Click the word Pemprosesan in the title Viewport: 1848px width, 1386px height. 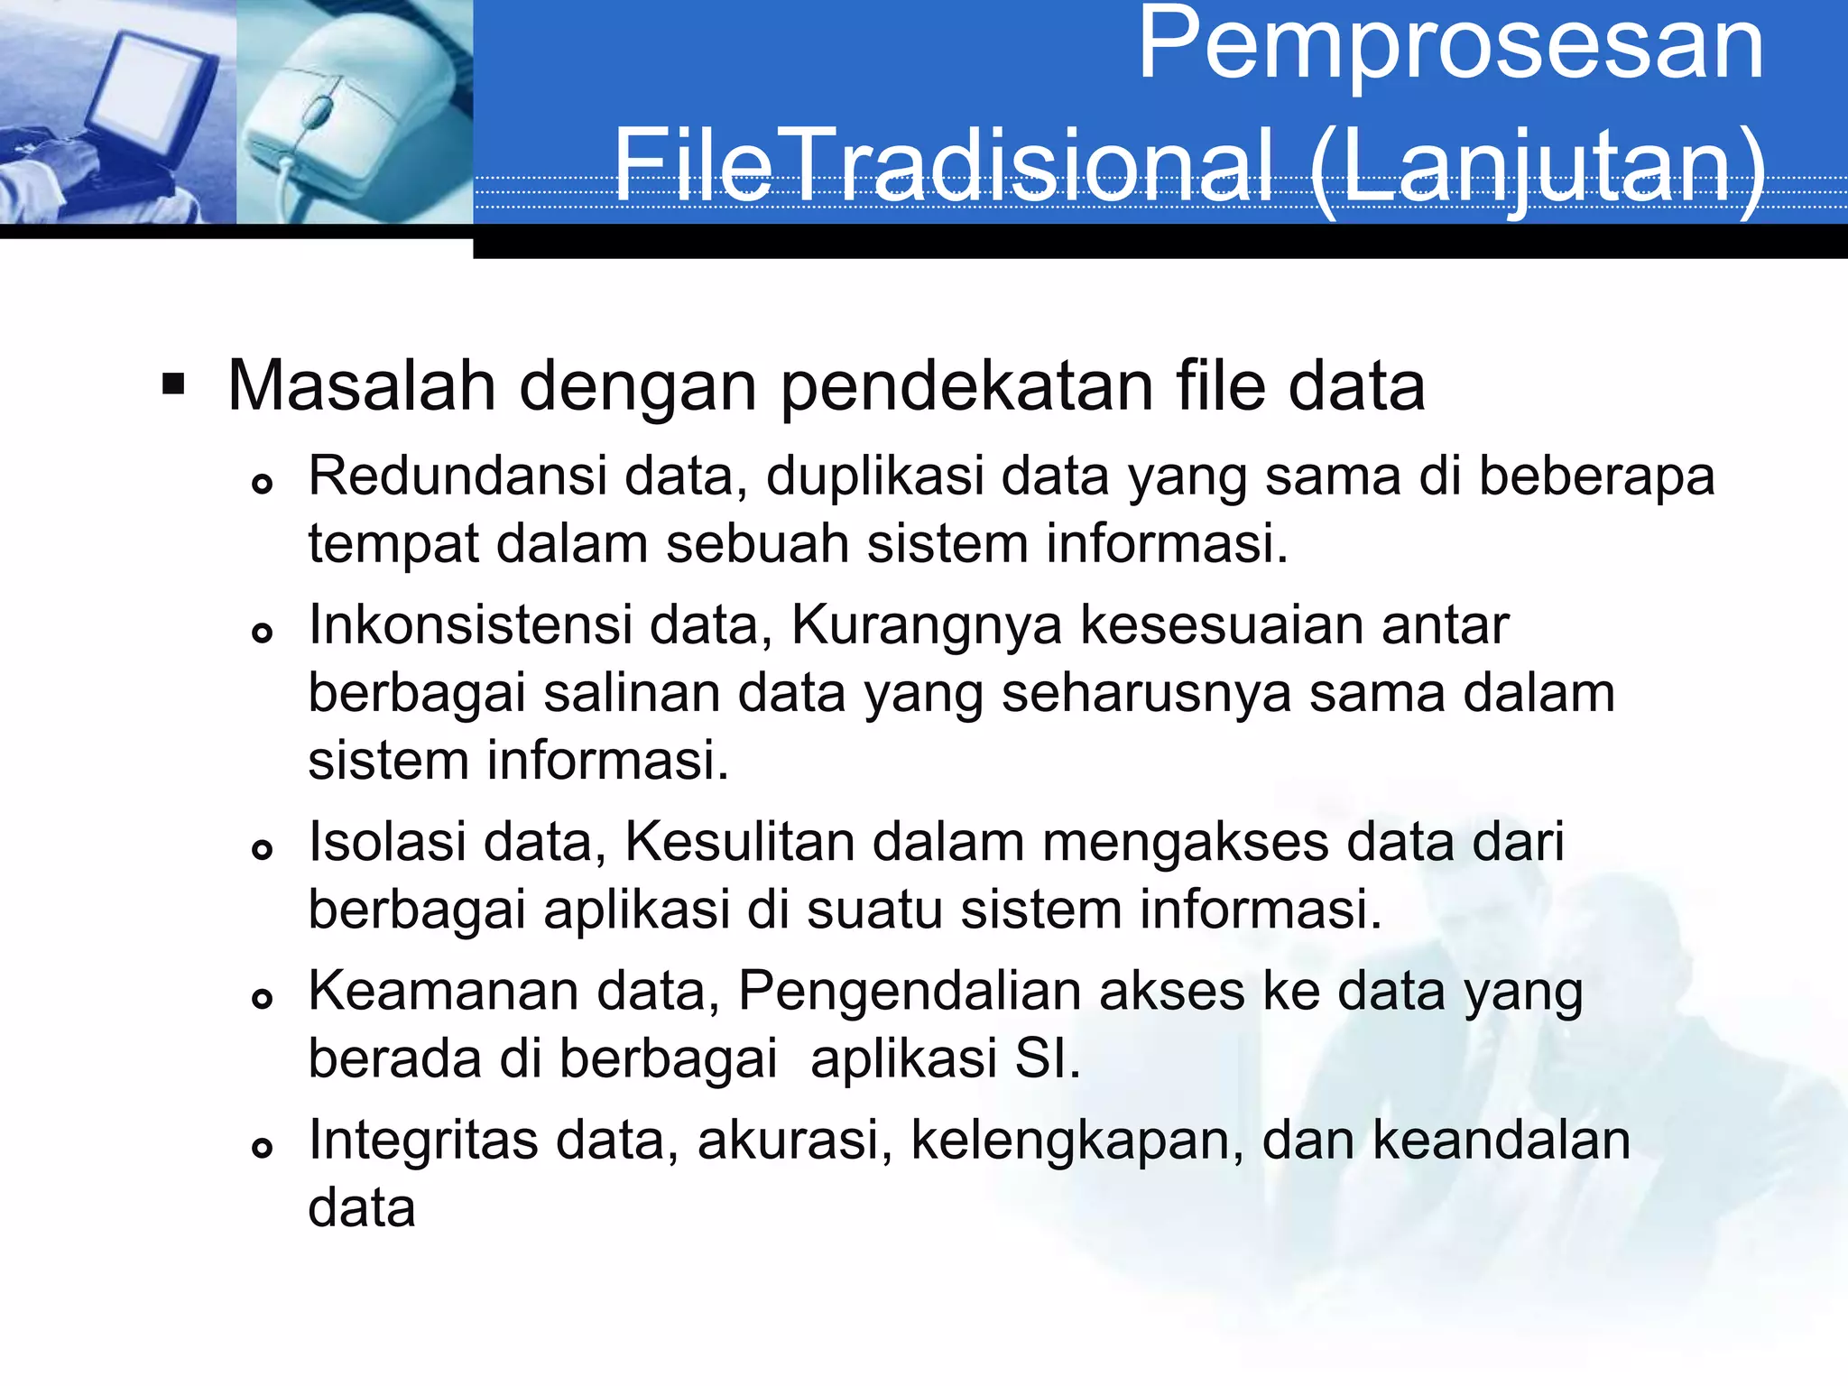click(1451, 45)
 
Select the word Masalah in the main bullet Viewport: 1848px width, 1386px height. click(361, 386)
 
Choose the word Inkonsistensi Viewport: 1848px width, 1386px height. click(470, 624)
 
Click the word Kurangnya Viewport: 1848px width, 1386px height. click(926, 626)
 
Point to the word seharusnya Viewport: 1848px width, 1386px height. click(1146, 693)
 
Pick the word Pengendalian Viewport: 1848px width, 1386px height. click(910, 993)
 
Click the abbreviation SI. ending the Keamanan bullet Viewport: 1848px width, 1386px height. click(1047, 1058)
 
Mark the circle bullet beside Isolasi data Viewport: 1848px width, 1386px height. click(262, 849)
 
